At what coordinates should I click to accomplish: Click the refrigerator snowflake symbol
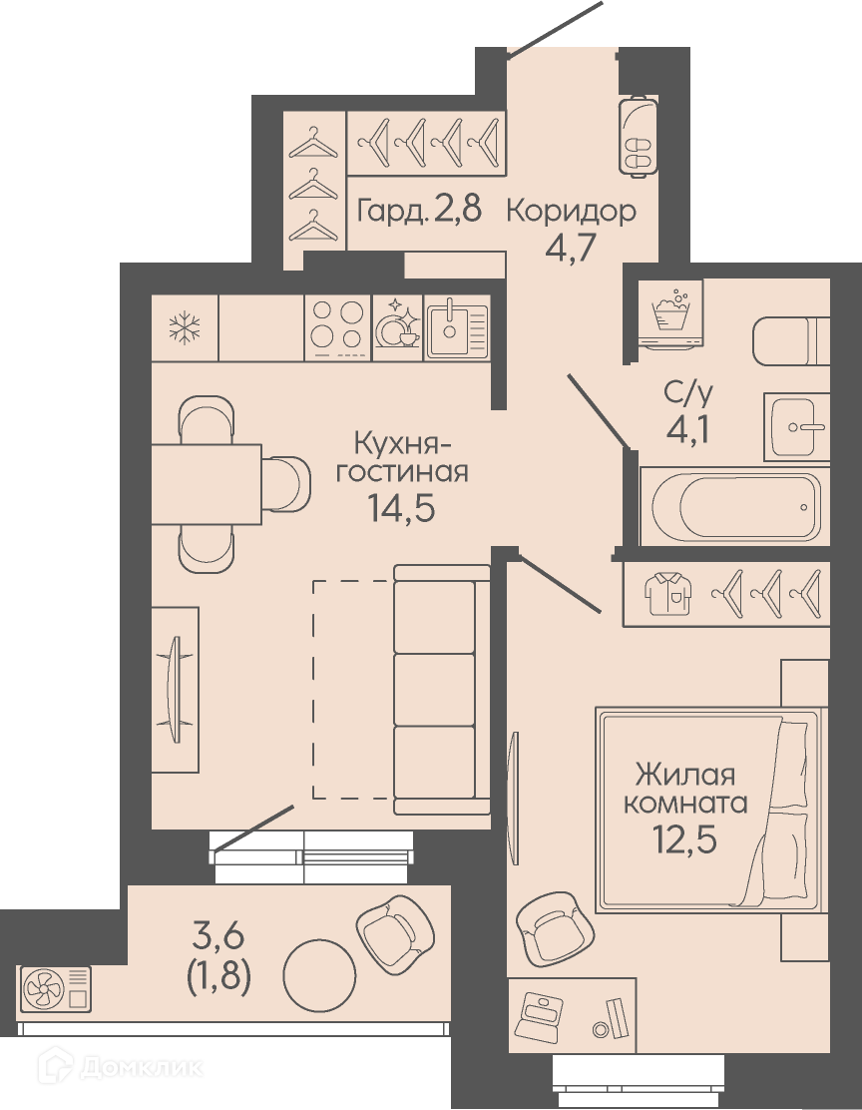[185, 327]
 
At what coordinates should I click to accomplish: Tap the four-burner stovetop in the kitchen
[338, 327]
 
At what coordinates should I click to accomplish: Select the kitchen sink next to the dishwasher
[457, 327]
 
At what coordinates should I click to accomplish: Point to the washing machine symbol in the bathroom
[670, 311]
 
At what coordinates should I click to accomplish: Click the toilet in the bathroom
[790, 341]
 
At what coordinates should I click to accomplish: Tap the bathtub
[735, 506]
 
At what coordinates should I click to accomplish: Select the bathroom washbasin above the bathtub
[796, 427]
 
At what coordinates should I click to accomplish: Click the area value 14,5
[401, 507]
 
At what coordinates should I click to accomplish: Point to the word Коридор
[572, 211]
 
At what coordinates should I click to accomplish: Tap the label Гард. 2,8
[420, 211]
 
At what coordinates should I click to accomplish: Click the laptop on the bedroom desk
[542, 1015]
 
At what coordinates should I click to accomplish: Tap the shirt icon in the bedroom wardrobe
[668, 593]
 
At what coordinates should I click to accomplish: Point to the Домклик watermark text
[141, 1067]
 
